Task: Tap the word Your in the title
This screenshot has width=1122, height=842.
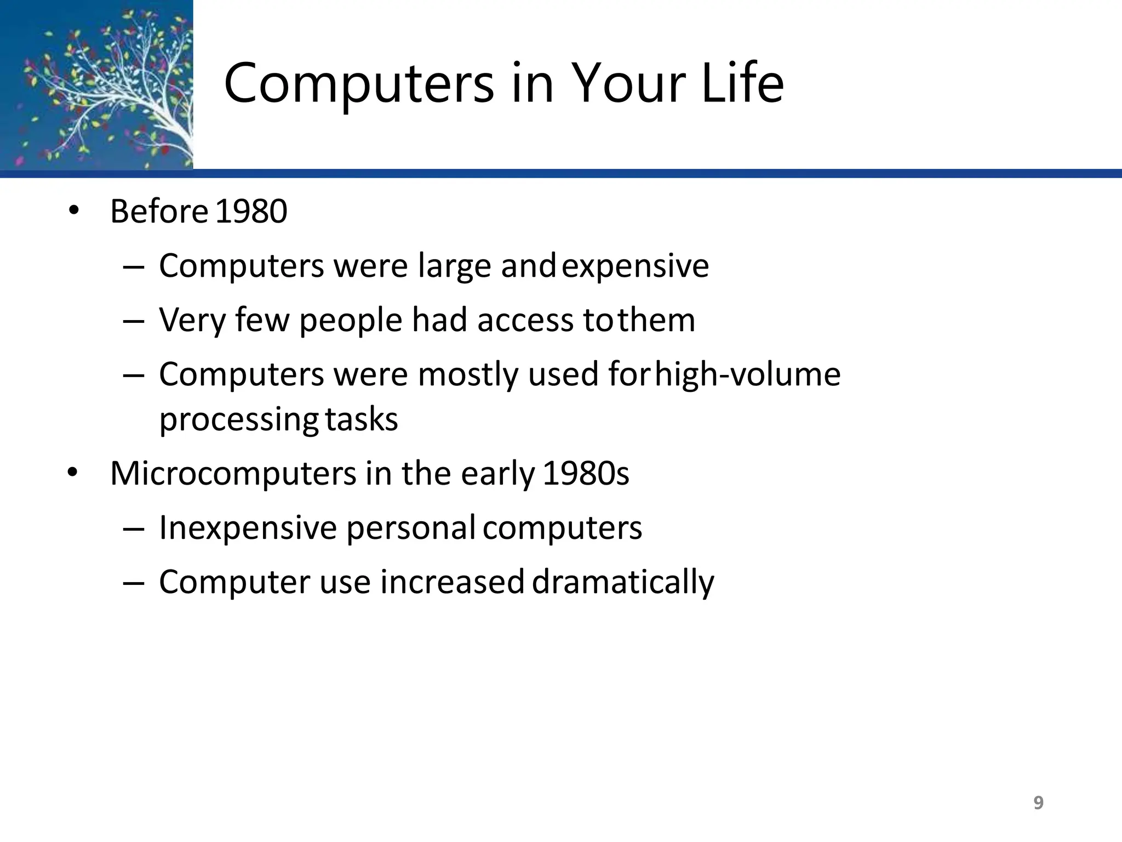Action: point(629,83)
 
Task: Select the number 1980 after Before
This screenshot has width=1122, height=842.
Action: point(251,212)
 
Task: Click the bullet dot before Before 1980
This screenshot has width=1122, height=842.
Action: point(73,210)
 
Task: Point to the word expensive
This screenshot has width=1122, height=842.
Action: point(636,267)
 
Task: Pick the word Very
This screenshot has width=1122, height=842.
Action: point(192,321)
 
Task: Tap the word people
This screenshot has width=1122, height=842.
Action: point(351,321)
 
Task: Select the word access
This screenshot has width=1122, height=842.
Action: point(525,320)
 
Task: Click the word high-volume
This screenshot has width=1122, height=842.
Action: point(748,375)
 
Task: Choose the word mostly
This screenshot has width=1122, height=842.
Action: point(468,375)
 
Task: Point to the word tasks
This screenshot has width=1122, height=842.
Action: point(362,420)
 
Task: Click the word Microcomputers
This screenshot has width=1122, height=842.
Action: point(233,474)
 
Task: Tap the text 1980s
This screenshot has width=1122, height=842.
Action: point(586,474)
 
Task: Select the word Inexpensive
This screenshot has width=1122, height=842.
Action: point(248,528)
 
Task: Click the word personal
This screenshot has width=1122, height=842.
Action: point(411,528)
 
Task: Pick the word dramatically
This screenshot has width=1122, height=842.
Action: point(623,583)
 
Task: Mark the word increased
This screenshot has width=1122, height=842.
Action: point(453,582)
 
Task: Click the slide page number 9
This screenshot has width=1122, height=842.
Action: point(1038,803)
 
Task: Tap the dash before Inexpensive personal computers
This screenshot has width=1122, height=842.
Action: point(134,530)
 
